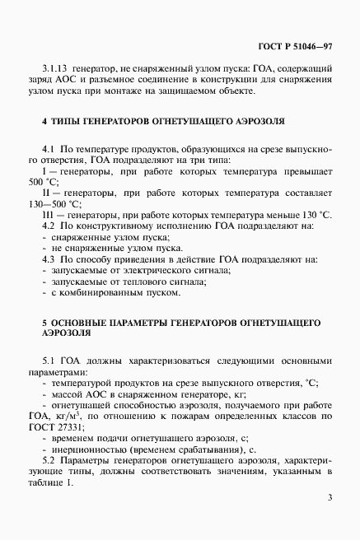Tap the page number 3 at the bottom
point(329,497)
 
